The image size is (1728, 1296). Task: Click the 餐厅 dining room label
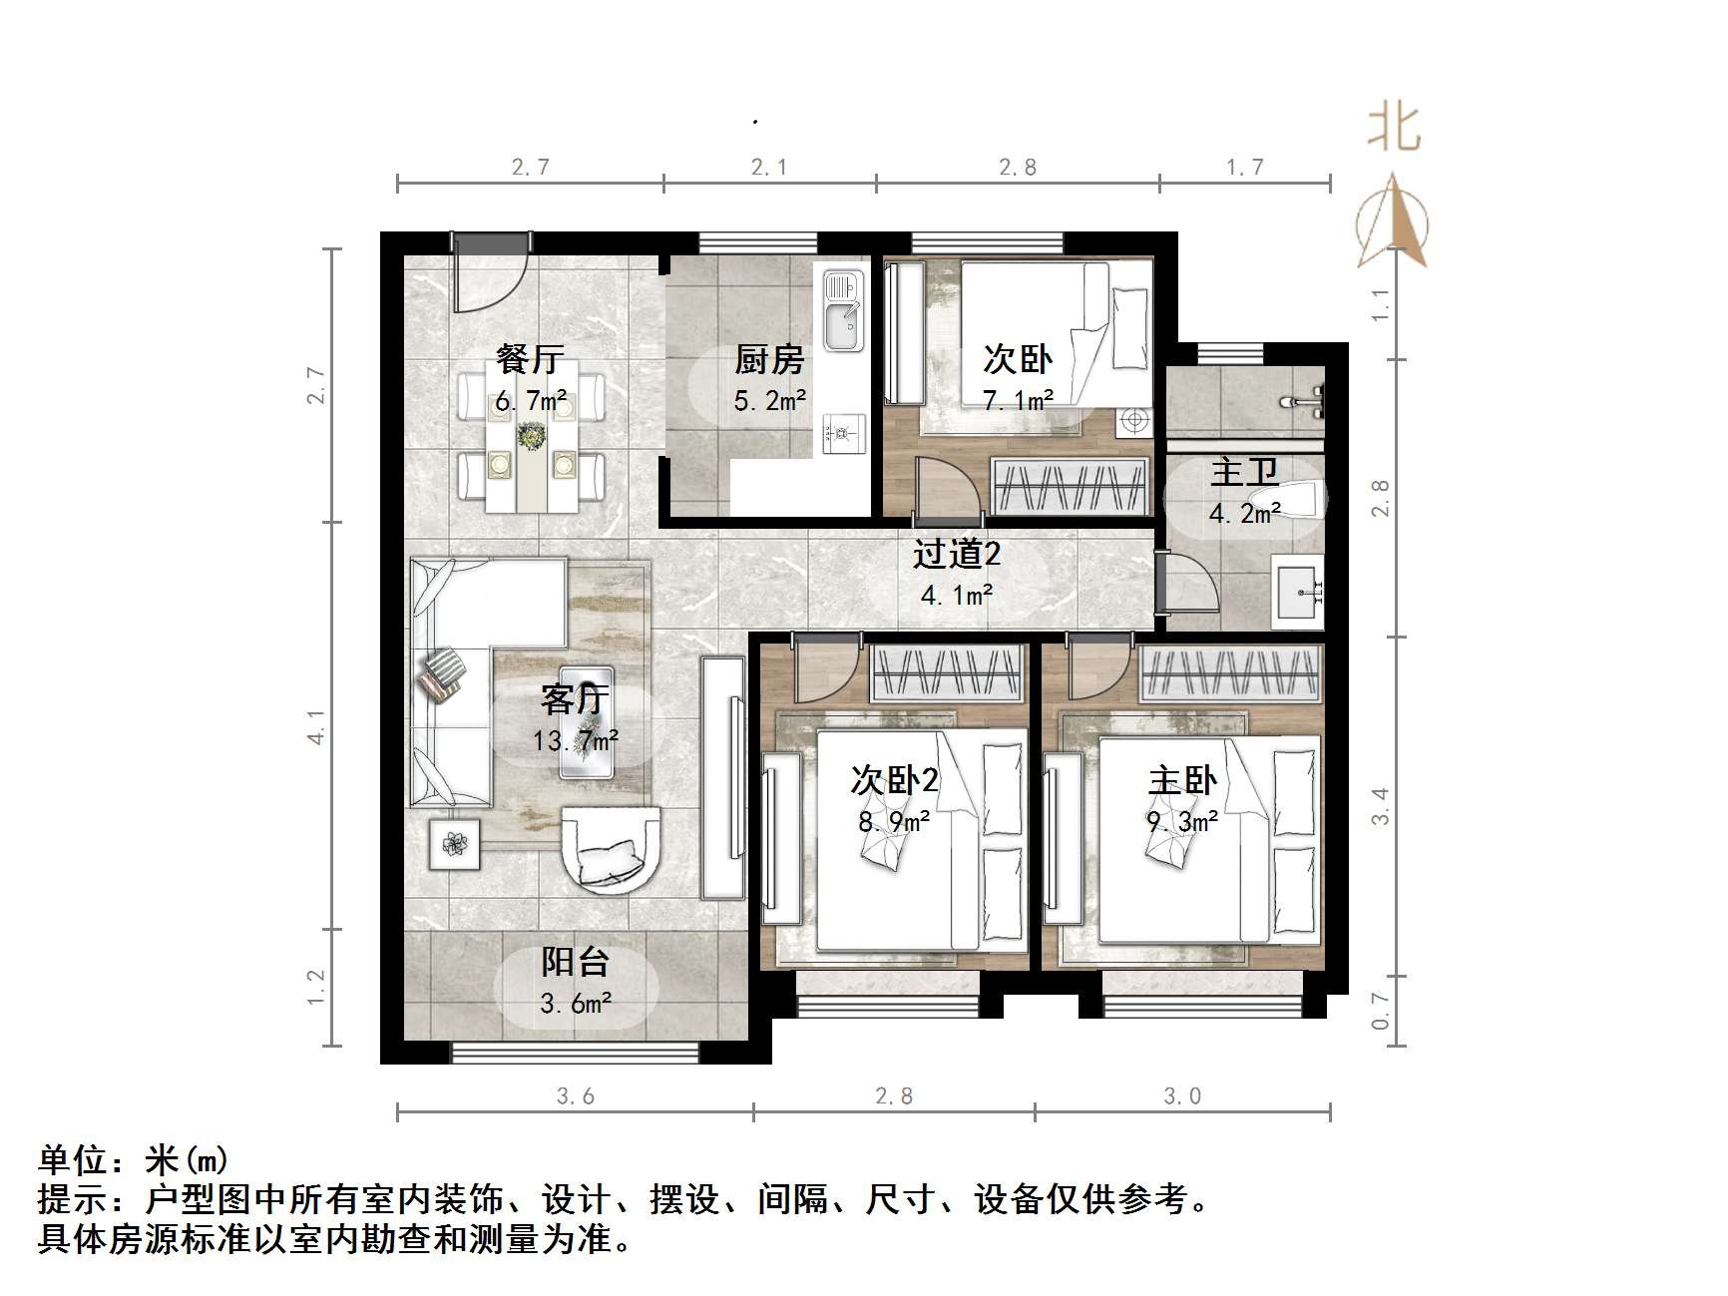530,359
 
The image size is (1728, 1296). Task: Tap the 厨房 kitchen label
769,359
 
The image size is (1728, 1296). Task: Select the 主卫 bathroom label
1244,472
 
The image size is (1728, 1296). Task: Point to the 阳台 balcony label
576,962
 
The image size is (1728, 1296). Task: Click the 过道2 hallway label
956,555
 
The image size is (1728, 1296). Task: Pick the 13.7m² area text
576,740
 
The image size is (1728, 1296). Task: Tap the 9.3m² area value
1182,822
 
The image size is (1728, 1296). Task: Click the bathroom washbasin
1298,595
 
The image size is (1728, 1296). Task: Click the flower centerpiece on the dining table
531,436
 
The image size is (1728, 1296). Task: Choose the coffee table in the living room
586,720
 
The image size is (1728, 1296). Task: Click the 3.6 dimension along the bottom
576,1096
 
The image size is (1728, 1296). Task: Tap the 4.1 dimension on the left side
316,726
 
